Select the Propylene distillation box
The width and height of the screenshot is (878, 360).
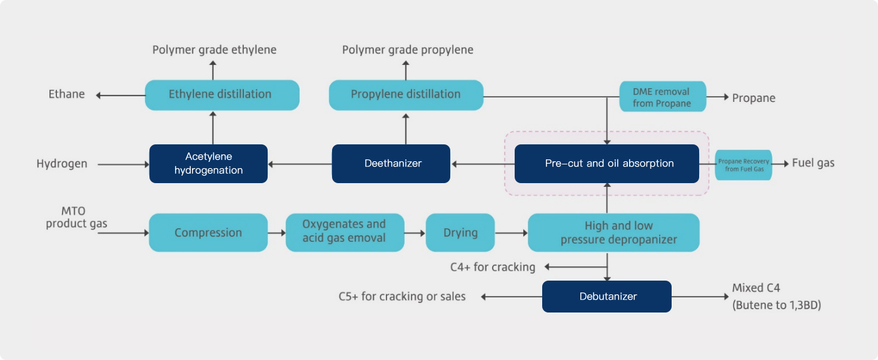point(406,95)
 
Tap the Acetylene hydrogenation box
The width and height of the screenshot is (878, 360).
point(208,164)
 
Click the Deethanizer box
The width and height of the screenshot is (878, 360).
point(391,164)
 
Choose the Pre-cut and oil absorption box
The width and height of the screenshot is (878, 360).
point(606,164)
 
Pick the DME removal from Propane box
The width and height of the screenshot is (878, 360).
point(662,97)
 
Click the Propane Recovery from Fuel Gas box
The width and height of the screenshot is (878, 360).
point(743,165)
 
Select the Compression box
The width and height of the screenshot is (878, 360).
point(208,232)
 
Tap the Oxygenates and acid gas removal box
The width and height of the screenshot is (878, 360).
point(345,232)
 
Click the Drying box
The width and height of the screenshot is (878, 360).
point(460,232)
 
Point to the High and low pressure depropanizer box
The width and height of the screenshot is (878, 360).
point(613,232)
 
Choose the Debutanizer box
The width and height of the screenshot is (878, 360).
point(606,296)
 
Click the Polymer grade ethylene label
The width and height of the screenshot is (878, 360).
point(214,49)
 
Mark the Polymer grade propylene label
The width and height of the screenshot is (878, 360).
point(408,49)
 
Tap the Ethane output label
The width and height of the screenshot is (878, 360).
point(67,94)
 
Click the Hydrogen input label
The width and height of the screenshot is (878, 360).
point(62,164)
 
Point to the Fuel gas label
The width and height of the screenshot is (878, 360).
point(813,163)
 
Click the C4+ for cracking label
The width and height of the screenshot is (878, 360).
point(493,267)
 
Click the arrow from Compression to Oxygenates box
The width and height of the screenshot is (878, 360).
point(276,232)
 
